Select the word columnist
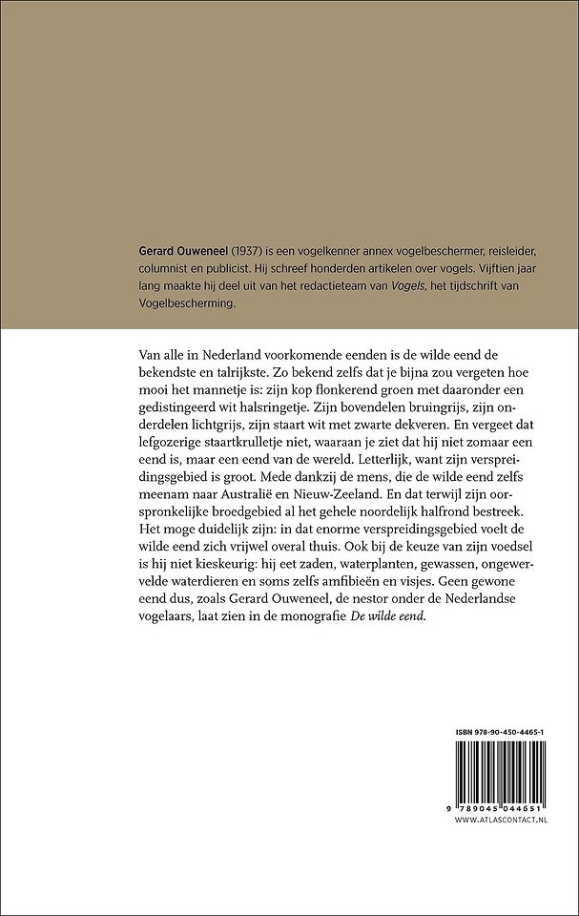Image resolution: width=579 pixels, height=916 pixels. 164,268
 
